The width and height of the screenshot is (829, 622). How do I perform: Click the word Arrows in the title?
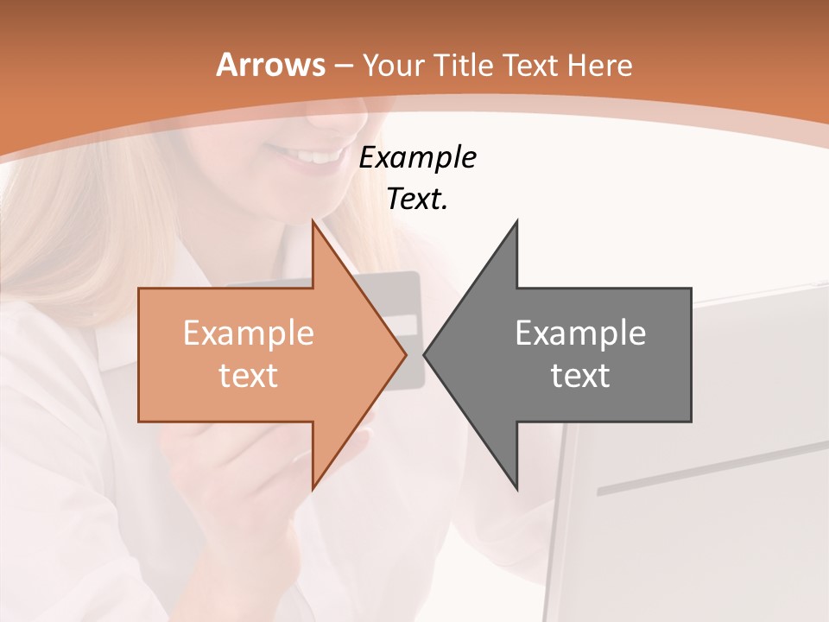point(269,65)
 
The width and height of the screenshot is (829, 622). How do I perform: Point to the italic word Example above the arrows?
point(417,157)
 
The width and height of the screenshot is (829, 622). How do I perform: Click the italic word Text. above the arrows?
point(417,199)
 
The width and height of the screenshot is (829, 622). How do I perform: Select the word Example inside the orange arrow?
point(249,333)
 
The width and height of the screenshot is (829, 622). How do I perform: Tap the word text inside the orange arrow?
point(249,375)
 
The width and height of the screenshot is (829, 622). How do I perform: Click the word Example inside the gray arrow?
point(580,333)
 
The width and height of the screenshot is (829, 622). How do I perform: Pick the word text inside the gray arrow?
point(580,375)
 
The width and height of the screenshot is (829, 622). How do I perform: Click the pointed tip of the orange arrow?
point(405,354)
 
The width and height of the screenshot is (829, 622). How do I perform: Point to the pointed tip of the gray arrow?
point(425,354)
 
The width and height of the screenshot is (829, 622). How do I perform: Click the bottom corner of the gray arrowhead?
point(516,489)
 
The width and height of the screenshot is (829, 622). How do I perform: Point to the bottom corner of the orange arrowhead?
point(313,489)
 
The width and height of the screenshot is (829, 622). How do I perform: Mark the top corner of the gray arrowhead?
point(516,221)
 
